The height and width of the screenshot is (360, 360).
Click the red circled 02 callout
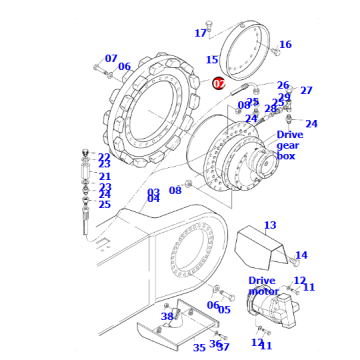coord(218,84)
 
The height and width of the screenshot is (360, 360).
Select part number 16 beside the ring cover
coord(285,44)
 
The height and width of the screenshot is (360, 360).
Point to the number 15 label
coord(199,61)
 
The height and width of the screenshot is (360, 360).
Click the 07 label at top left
coord(111,59)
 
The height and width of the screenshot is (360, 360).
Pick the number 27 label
coord(306,90)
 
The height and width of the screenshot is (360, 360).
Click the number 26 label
coord(283,86)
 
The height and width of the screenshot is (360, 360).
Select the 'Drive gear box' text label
coord(289,145)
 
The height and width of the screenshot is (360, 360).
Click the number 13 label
coord(270,225)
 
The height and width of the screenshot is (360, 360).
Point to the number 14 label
coord(301,255)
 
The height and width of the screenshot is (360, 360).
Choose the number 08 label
coord(175,189)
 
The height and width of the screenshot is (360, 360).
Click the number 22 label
coord(104,157)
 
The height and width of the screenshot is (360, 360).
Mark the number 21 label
coord(104,176)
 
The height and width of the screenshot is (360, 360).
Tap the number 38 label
coord(168,317)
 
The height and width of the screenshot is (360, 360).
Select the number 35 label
coord(198,347)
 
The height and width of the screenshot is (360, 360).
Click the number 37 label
coord(223,346)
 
